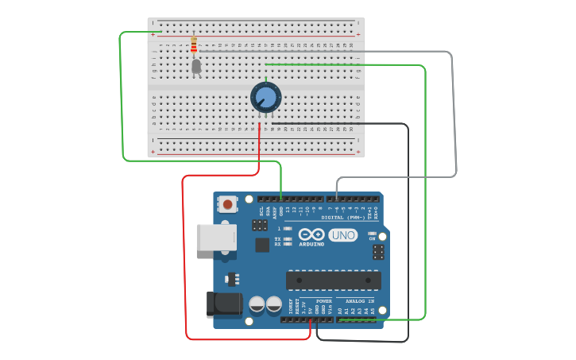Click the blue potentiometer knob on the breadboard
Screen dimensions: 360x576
pyautogui.click(x=265, y=98)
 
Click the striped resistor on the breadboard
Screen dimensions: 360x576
pyautogui.click(x=194, y=45)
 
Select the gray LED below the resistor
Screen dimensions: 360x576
pyautogui.click(x=196, y=67)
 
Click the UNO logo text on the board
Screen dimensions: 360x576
pyautogui.click(x=342, y=235)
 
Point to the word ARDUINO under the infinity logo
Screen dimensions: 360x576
pyautogui.click(x=311, y=244)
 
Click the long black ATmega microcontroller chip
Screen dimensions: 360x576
pyautogui.click(x=333, y=280)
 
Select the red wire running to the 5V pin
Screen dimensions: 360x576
pyautogui.click(x=184, y=262)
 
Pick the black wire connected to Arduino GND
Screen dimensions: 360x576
pyautogui.click(x=408, y=238)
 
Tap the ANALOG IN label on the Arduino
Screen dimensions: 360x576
pyautogui.click(x=360, y=302)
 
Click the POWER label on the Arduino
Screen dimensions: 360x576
pyautogui.click(x=324, y=302)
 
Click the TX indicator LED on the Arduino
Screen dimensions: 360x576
pyautogui.click(x=287, y=238)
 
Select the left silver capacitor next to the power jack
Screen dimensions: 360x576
pyautogui.click(x=257, y=304)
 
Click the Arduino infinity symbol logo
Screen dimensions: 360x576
pyautogui.click(x=311, y=234)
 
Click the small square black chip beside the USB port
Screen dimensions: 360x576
pyautogui.click(x=262, y=245)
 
